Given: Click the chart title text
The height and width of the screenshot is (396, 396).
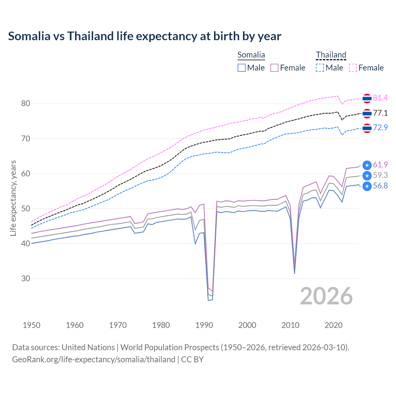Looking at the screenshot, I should (x=144, y=36).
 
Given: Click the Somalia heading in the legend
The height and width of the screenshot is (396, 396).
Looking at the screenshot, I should (x=251, y=55).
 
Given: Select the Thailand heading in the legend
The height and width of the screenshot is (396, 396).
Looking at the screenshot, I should (x=331, y=55).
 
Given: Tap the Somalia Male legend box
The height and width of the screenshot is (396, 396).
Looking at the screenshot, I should (x=242, y=68).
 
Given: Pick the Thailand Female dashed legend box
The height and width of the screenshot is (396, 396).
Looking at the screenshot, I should (x=353, y=68).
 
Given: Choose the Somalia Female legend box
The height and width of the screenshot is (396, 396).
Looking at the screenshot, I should (x=274, y=68).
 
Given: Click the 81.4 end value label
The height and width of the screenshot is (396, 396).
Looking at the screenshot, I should (x=380, y=98).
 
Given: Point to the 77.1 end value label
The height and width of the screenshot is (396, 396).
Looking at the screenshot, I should (x=380, y=113).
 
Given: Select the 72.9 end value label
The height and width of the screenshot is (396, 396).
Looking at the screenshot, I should (x=380, y=127).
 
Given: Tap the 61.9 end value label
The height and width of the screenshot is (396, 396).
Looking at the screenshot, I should (x=380, y=165).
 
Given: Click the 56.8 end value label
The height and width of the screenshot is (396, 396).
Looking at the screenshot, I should (x=380, y=186).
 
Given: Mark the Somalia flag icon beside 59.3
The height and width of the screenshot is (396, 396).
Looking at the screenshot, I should (x=367, y=176).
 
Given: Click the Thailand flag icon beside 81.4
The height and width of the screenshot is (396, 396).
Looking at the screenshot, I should (x=367, y=98).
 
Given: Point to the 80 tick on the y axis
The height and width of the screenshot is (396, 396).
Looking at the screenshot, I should (x=26, y=104).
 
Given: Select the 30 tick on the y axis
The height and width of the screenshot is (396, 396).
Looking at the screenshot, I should (x=26, y=278).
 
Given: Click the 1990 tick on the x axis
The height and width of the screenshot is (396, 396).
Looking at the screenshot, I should (x=204, y=325).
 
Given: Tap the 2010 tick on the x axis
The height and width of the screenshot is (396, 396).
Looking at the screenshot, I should (x=291, y=325).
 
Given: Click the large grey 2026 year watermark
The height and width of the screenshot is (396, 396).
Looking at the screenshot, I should (x=326, y=296).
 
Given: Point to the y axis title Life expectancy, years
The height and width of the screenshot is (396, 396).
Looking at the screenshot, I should (x=13, y=198).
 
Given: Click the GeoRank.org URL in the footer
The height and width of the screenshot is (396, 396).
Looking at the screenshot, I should (x=94, y=359).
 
